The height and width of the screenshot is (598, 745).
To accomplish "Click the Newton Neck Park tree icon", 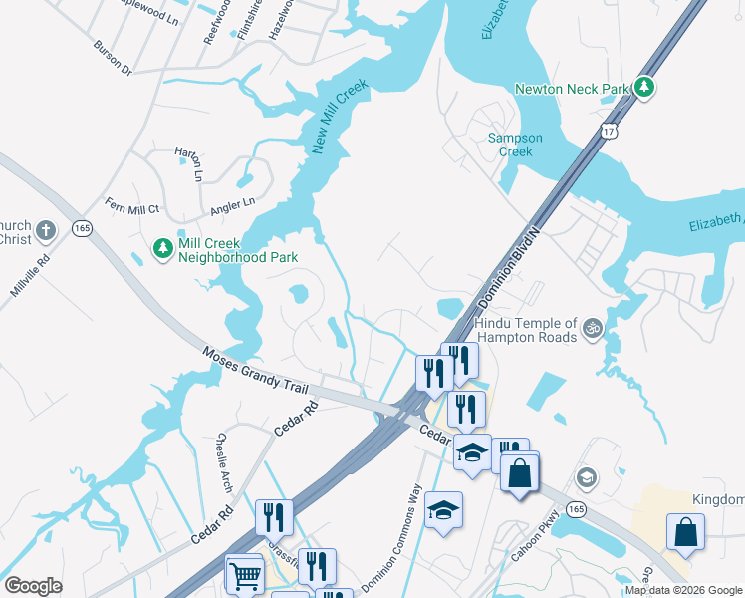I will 644,88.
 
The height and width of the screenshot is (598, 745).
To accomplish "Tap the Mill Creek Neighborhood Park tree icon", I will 162,246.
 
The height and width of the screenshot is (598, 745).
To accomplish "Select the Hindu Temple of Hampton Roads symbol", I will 592,326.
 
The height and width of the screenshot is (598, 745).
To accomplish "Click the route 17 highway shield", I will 610,131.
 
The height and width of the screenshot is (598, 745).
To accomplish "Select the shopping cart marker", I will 244,573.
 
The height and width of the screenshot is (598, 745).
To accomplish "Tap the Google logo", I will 34,586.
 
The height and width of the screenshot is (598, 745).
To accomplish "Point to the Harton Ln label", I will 188,163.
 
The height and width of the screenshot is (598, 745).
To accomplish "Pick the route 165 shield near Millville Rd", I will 83,229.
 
